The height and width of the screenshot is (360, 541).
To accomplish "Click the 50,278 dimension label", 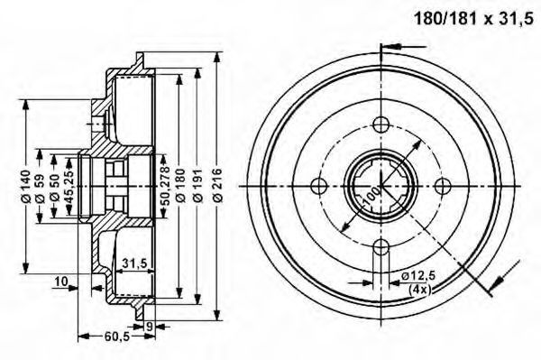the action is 166,186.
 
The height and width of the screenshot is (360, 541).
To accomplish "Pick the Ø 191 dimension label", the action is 198,186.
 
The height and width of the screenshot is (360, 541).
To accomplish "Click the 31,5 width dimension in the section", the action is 135,263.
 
